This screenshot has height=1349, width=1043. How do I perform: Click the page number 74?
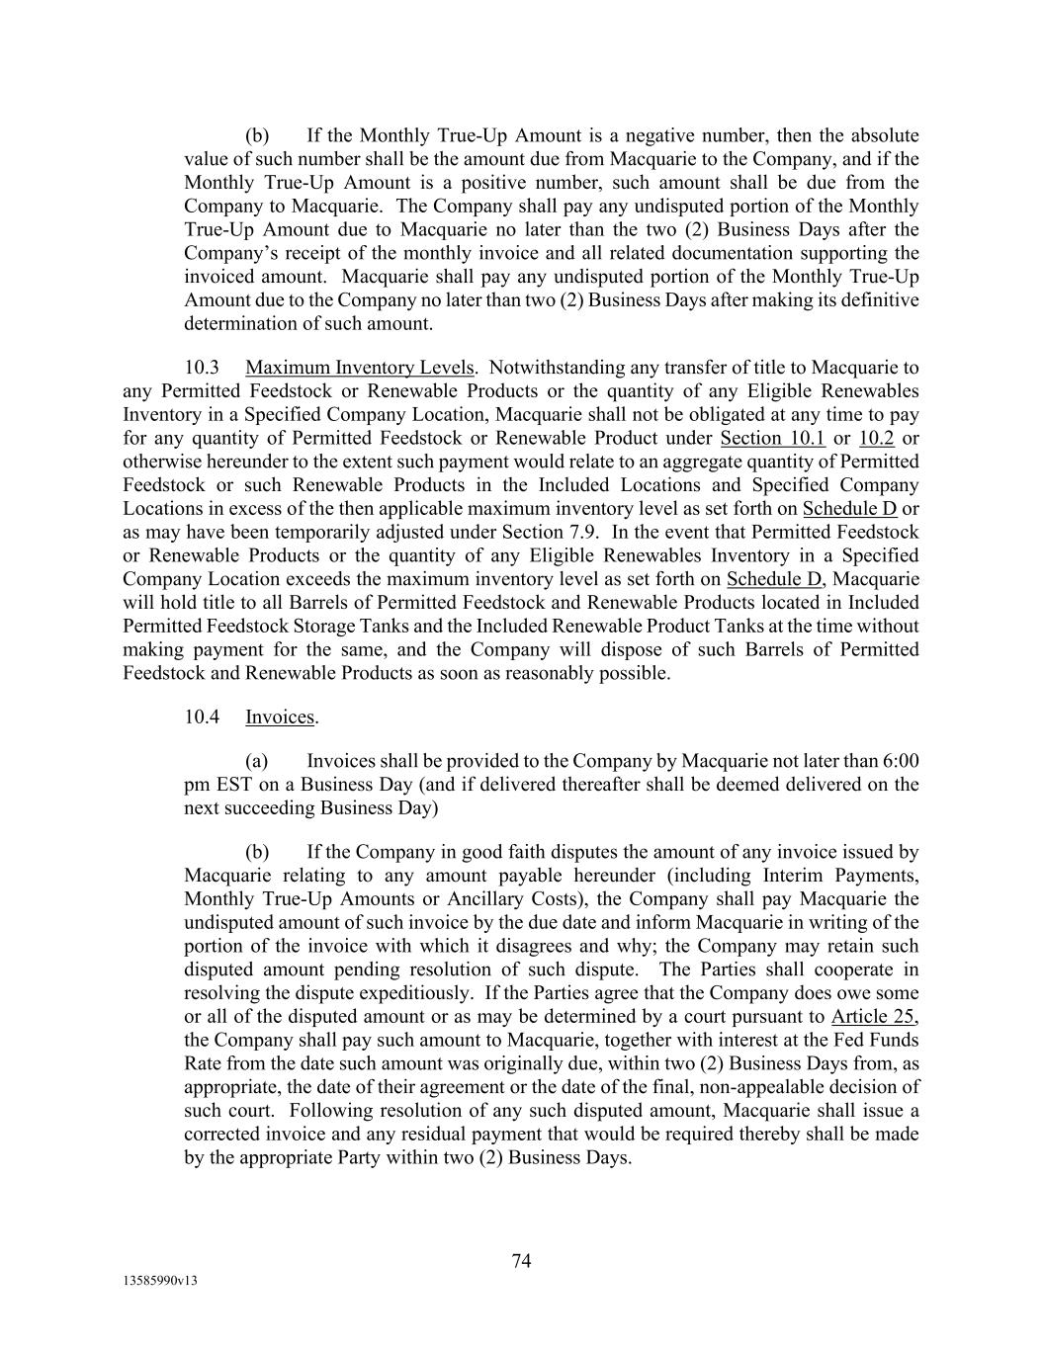point(521,1261)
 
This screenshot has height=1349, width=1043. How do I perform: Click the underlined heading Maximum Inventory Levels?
point(359,368)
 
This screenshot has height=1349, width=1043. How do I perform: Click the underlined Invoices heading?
point(280,717)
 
